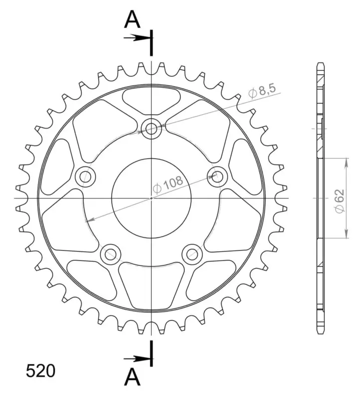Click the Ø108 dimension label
[168, 184]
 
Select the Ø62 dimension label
[340, 201]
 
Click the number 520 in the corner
[40, 371]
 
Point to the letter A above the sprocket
[132, 20]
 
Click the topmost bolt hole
[152, 129]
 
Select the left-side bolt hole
[86, 177]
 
